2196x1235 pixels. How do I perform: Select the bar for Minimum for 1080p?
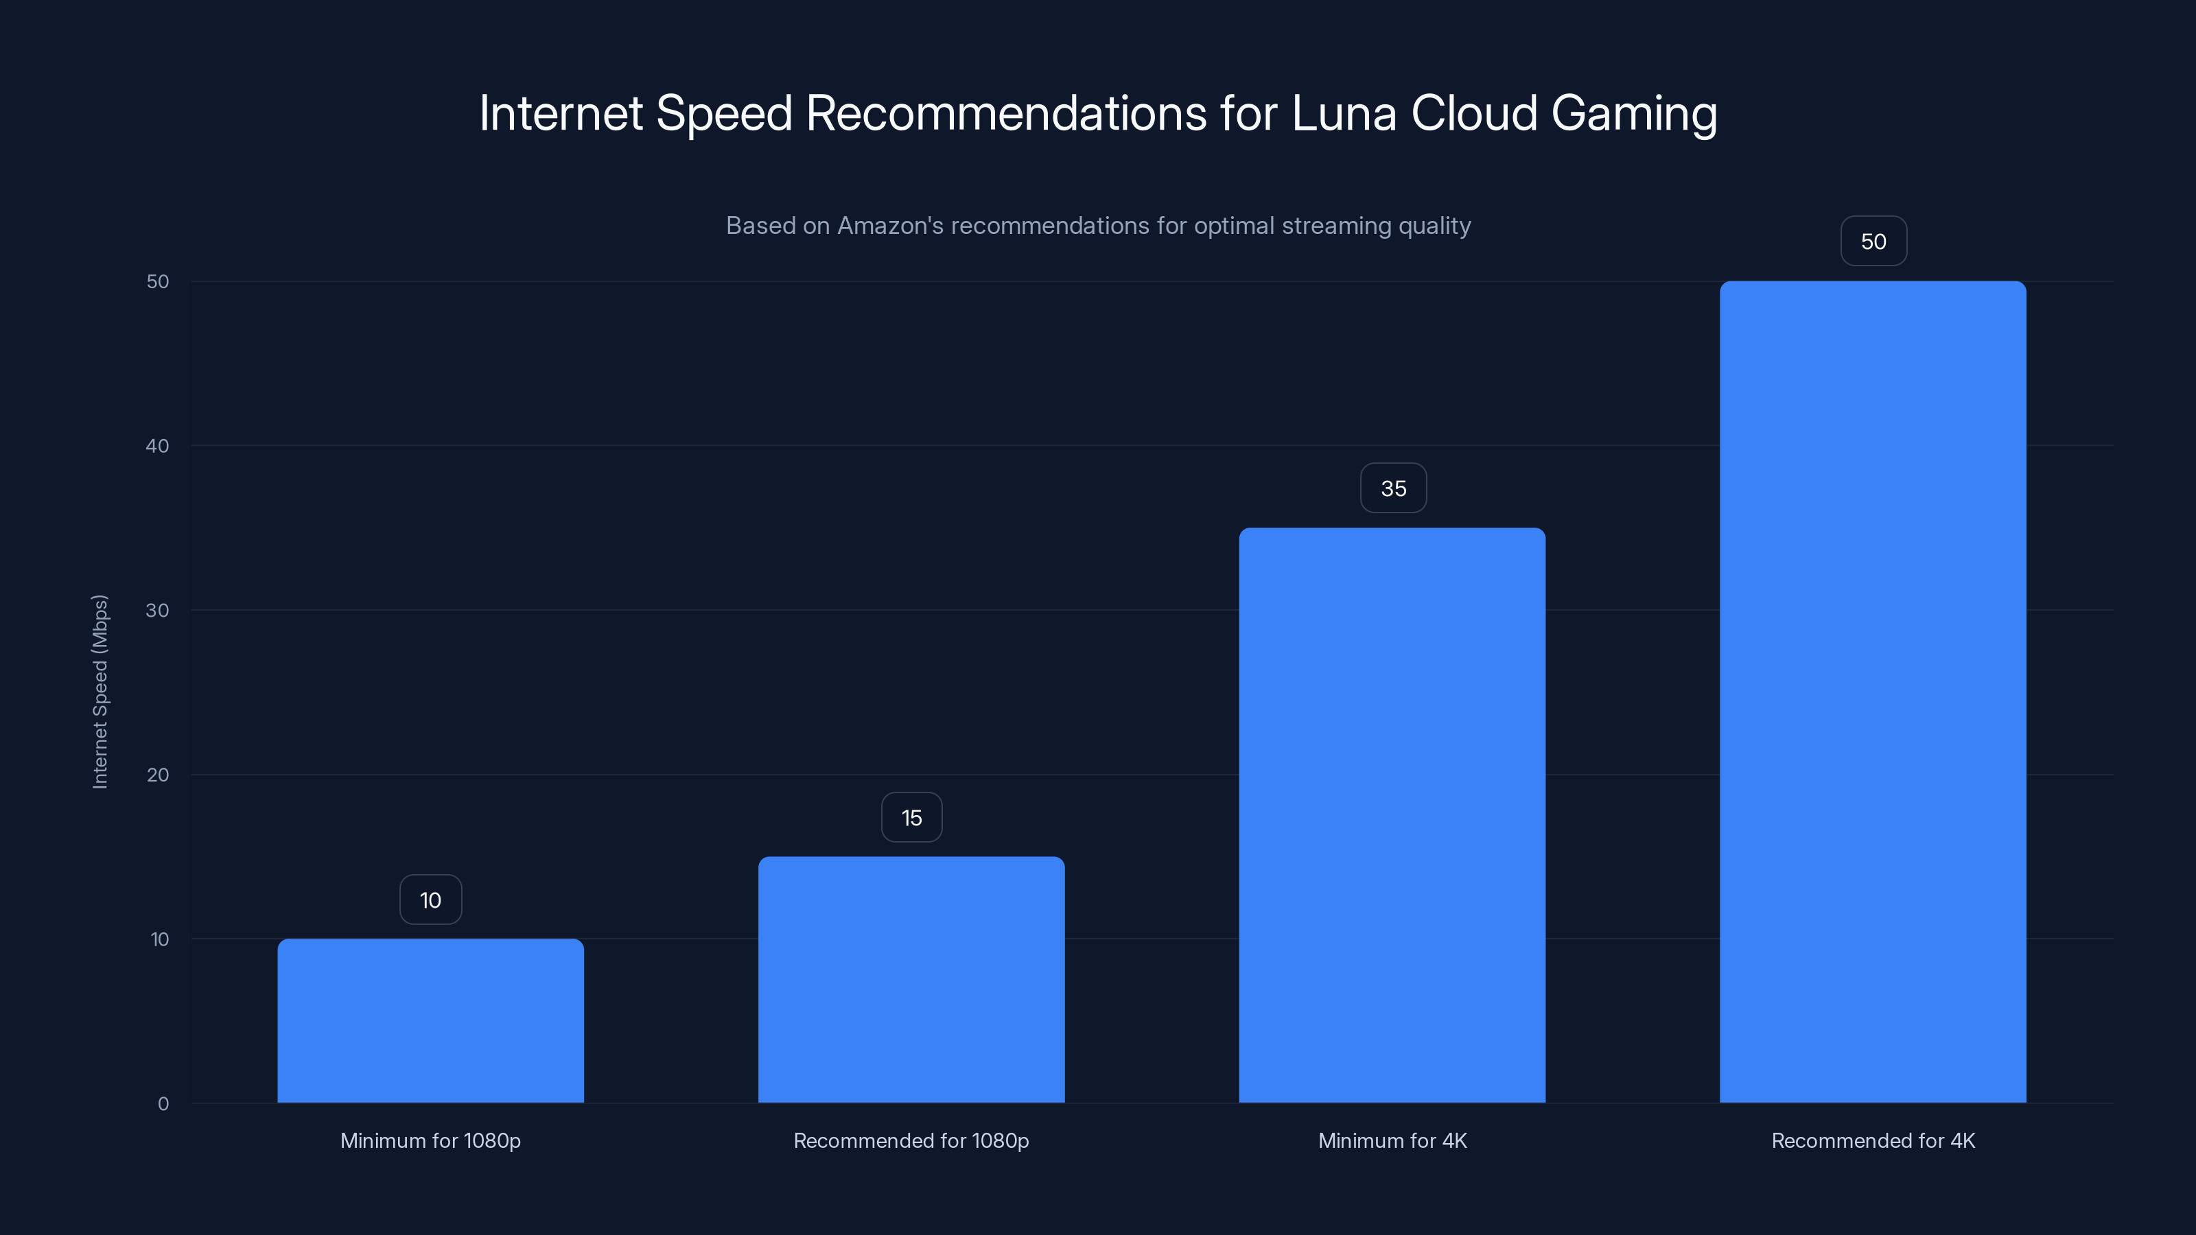click(x=430, y=1020)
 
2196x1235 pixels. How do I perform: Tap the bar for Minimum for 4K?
click(x=1392, y=815)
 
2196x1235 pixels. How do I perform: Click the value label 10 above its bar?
click(x=430, y=900)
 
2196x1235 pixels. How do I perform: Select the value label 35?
click(x=1393, y=489)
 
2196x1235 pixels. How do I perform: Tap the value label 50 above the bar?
click(x=1873, y=242)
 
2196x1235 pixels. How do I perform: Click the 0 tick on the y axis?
click(x=163, y=1104)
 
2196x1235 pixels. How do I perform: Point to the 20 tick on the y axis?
click(x=158, y=775)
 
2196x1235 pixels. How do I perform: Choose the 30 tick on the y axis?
click(x=158, y=610)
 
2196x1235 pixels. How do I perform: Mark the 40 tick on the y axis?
click(x=158, y=446)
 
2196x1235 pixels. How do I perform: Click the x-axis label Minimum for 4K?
click(x=1392, y=1140)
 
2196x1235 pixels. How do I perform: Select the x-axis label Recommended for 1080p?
click(x=911, y=1140)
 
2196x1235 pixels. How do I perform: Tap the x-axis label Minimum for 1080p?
click(x=430, y=1140)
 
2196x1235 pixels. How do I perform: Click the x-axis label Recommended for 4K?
click(x=1873, y=1140)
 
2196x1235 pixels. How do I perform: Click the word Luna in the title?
click(x=1344, y=113)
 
